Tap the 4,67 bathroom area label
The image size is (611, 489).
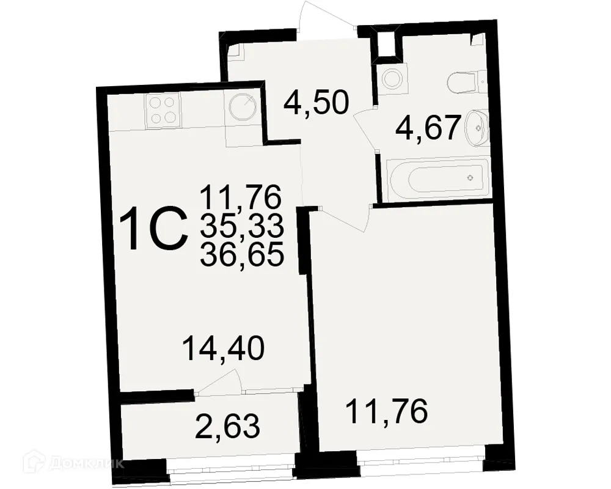tap(427, 128)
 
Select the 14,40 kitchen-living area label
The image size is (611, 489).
tap(223, 350)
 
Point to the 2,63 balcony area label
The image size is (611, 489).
tap(228, 425)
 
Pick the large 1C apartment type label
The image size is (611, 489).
tap(153, 230)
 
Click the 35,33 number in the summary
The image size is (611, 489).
tap(241, 226)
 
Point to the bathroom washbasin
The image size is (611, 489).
tap(476, 128)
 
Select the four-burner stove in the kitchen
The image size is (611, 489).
tap(164, 111)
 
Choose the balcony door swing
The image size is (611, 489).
tap(219, 384)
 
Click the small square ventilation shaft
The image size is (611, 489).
tap(386, 43)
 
